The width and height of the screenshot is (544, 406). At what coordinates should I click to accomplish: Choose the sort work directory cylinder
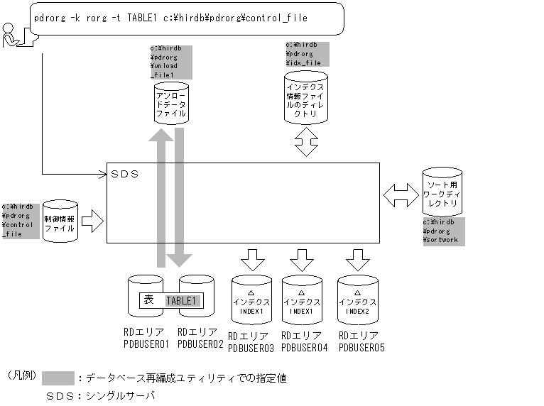click(x=442, y=192)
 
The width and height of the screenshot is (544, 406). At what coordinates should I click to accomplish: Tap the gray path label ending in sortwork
click(x=443, y=231)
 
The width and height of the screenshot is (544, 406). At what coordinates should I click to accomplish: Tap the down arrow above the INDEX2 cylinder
click(x=357, y=258)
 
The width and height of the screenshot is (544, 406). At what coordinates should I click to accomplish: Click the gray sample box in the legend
click(x=58, y=377)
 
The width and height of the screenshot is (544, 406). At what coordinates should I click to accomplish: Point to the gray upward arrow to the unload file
click(x=158, y=199)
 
